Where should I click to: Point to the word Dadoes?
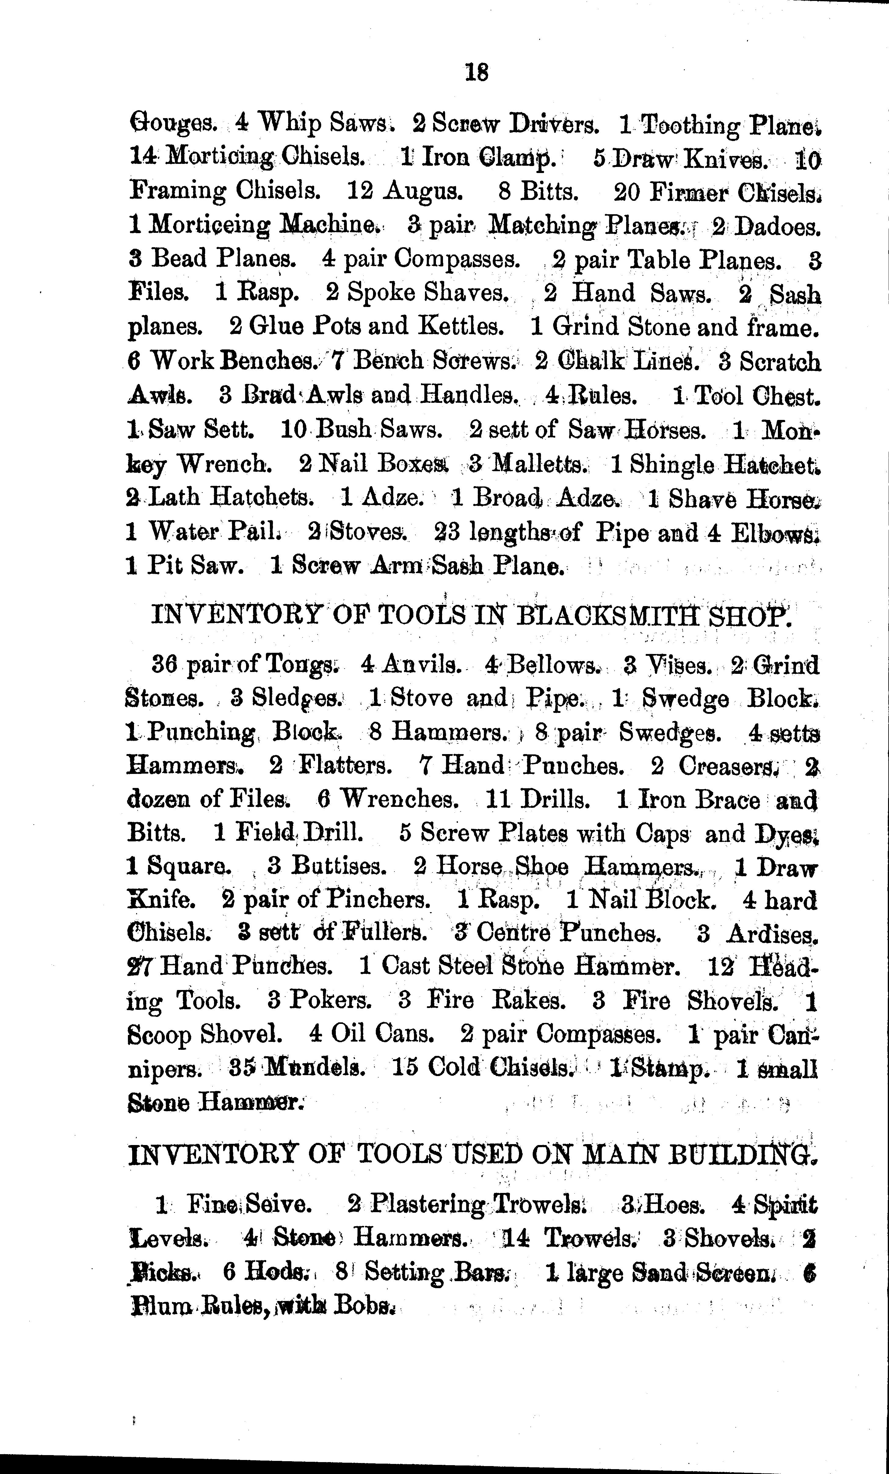coord(778,226)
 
